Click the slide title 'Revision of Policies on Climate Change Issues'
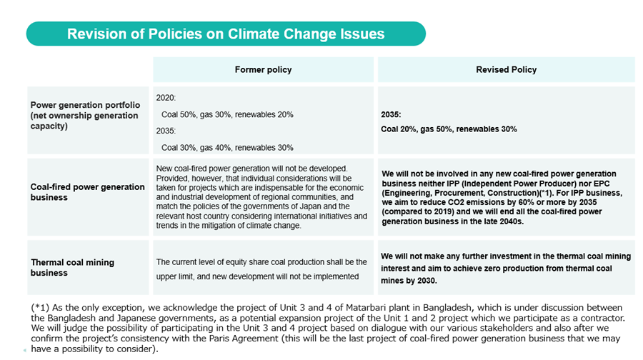click(226, 34)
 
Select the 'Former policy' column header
click(263, 70)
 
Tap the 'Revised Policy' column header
click(506, 70)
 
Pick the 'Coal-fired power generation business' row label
click(87, 192)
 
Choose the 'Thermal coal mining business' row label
click(72, 267)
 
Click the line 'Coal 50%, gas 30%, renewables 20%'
click(227, 114)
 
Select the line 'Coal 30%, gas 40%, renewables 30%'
click(227, 148)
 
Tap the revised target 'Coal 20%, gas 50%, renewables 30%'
click(449, 129)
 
